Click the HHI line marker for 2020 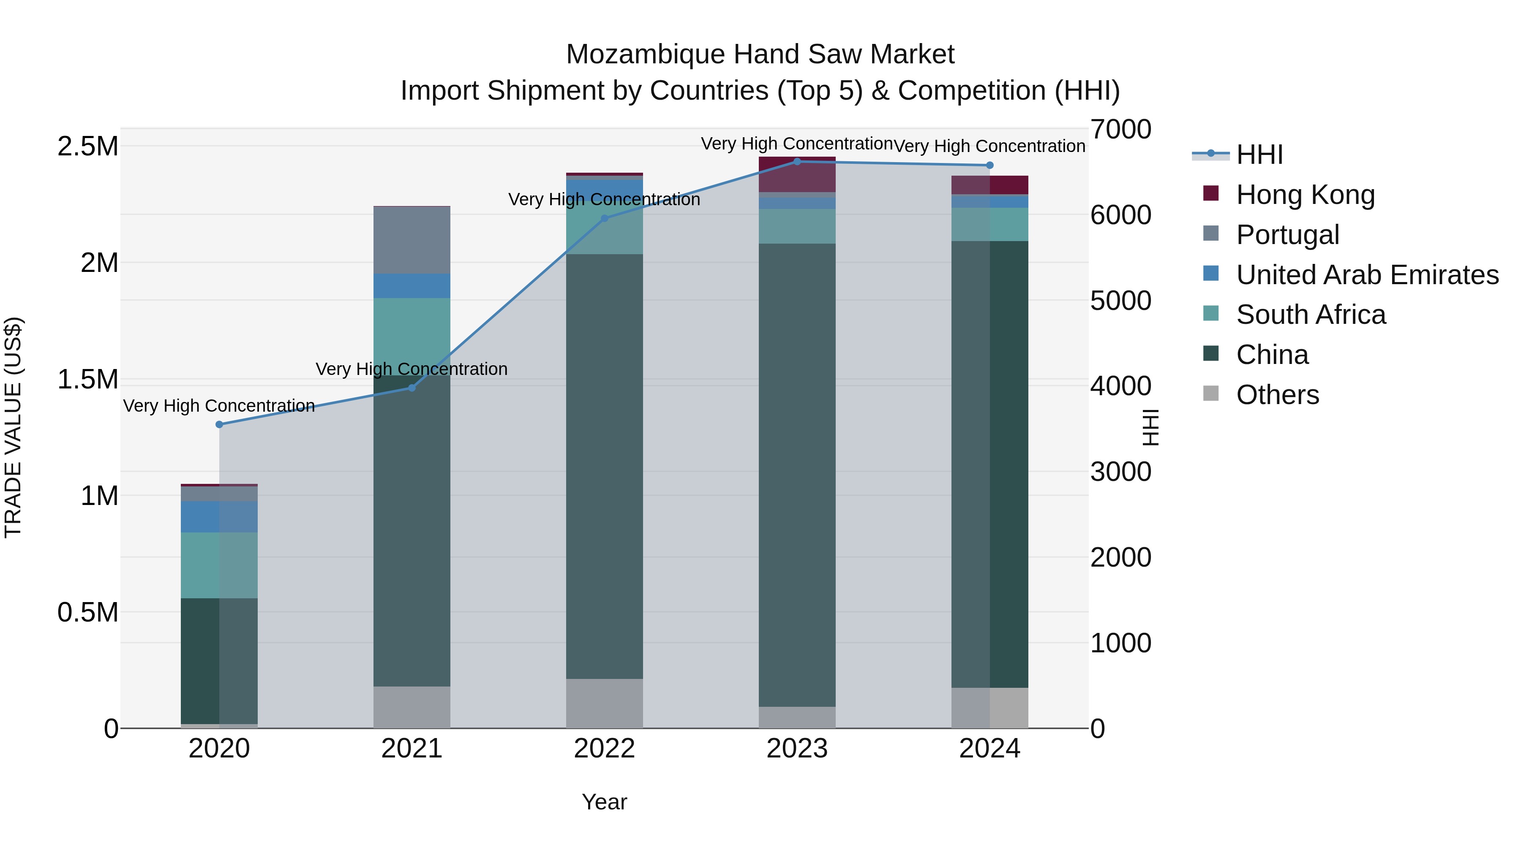(x=219, y=424)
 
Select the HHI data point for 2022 (x=604, y=218)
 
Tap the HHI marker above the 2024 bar (x=989, y=165)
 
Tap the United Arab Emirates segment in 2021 (x=412, y=285)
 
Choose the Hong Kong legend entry (x=1305, y=194)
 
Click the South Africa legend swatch (x=1210, y=313)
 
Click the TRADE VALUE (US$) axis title (x=13, y=427)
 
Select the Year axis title (x=604, y=802)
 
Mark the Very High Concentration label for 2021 (x=412, y=369)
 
